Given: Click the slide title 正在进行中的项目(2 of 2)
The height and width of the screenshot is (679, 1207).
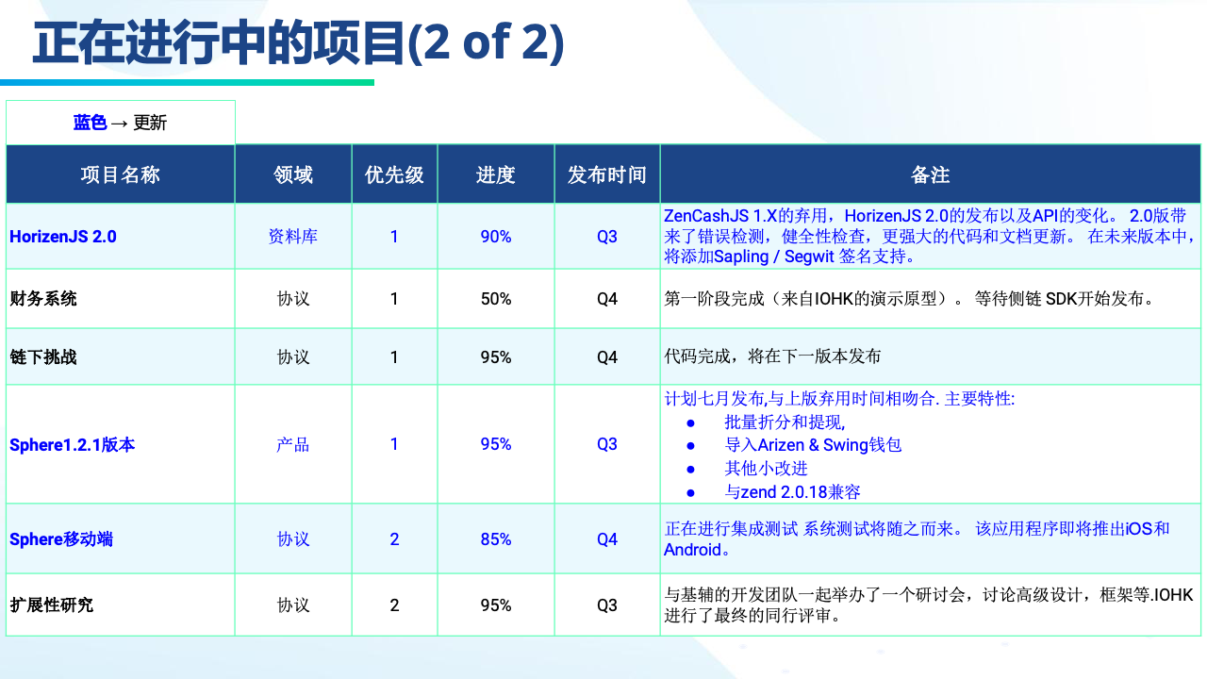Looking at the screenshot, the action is (x=298, y=43).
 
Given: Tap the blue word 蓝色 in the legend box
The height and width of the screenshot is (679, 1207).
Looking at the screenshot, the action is (x=90, y=123).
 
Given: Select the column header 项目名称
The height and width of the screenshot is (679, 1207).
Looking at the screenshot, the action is (x=120, y=174).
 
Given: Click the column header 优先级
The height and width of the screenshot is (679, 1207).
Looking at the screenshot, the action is (x=394, y=174).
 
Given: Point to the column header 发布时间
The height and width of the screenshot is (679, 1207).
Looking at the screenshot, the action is (x=606, y=174).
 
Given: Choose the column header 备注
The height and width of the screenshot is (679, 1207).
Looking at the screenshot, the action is (x=930, y=174).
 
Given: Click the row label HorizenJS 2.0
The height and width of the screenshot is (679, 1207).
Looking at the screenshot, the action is (x=63, y=237).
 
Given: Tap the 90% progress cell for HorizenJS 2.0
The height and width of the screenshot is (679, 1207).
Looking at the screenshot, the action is (x=496, y=237).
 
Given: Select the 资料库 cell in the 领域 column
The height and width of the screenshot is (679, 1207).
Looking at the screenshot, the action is (x=293, y=237).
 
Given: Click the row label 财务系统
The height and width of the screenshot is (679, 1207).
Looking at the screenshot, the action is (x=43, y=299).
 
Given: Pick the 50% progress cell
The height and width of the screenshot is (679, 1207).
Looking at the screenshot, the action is (x=496, y=299).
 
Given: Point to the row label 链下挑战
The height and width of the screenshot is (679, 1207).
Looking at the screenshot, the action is (x=43, y=356).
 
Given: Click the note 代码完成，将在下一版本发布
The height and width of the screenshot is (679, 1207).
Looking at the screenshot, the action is (x=772, y=356).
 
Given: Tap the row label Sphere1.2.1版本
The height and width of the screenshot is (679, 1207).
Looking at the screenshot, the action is (x=73, y=444).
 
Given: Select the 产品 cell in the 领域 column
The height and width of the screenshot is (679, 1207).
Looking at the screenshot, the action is (x=293, y=444).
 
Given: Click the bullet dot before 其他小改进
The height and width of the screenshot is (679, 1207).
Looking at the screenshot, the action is (x=691, y=470).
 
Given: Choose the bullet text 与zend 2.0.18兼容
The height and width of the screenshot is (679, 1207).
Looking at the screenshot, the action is (x=792, y=492).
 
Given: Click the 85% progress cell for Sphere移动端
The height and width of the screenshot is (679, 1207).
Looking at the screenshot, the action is (x=496, y=538).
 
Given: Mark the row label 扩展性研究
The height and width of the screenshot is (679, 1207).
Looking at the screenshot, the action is (x=52, y=604).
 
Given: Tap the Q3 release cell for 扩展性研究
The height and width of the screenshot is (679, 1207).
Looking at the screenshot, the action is (x=606, y=605).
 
